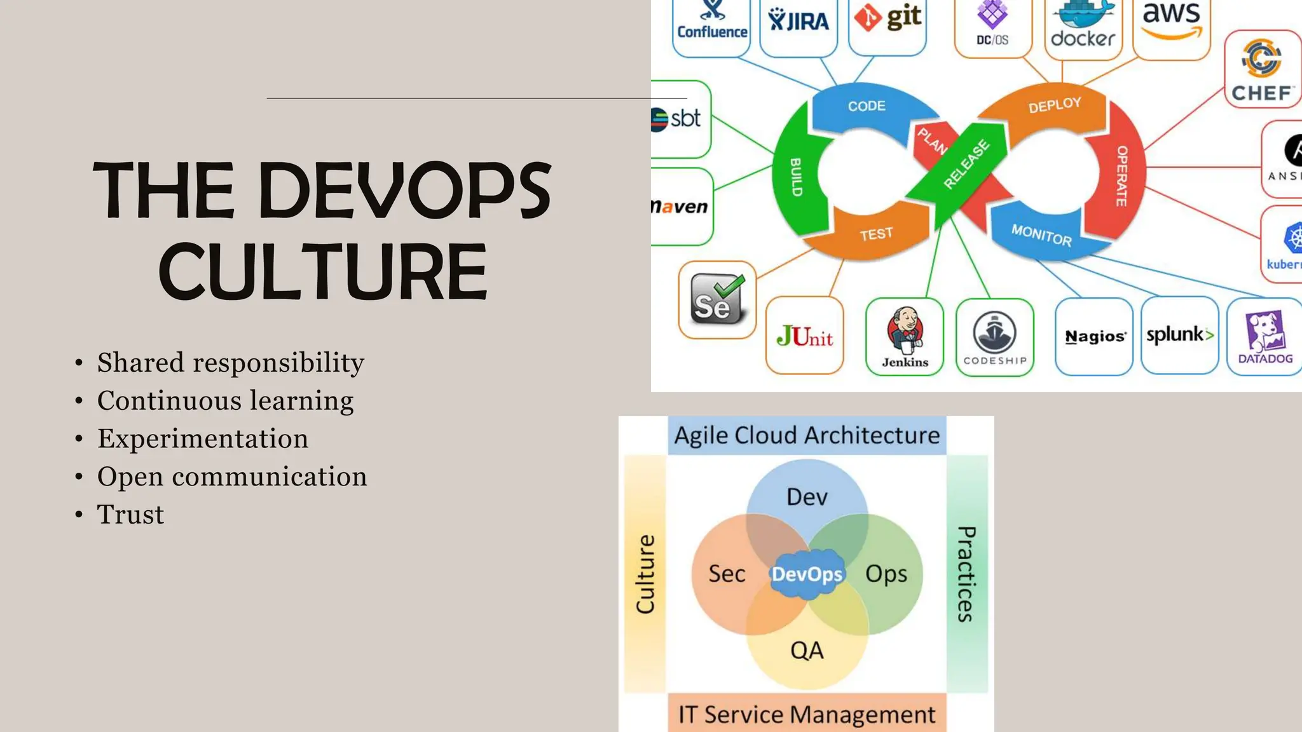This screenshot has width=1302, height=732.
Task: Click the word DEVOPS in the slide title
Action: (x=405, y=190)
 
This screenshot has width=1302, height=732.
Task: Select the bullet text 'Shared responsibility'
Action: (x=230, y=363)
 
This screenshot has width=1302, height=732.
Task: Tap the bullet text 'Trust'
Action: (x=130, y=515)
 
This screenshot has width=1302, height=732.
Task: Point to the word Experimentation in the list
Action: (x=203, y=439)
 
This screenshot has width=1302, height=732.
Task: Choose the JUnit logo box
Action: (x=804, y=336)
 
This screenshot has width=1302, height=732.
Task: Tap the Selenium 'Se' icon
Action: (x=717, y=300)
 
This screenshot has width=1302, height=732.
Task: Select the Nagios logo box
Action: (x=1094, y=337)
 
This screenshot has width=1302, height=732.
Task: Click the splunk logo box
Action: (x=1179, y=335)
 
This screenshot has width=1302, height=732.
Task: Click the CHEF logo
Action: (x=1262, y=70)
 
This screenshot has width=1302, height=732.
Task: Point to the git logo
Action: (x=887, y=19)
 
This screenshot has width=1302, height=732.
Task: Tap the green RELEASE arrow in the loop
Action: (x=965, y=166)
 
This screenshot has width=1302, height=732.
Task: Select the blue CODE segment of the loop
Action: (x=866, y=108)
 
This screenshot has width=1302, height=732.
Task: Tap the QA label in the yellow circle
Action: (x=807, y=651)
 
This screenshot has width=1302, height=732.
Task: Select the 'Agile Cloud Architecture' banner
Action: (x=807, y=436)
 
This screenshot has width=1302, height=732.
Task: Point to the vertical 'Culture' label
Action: (x=645, y=574)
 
